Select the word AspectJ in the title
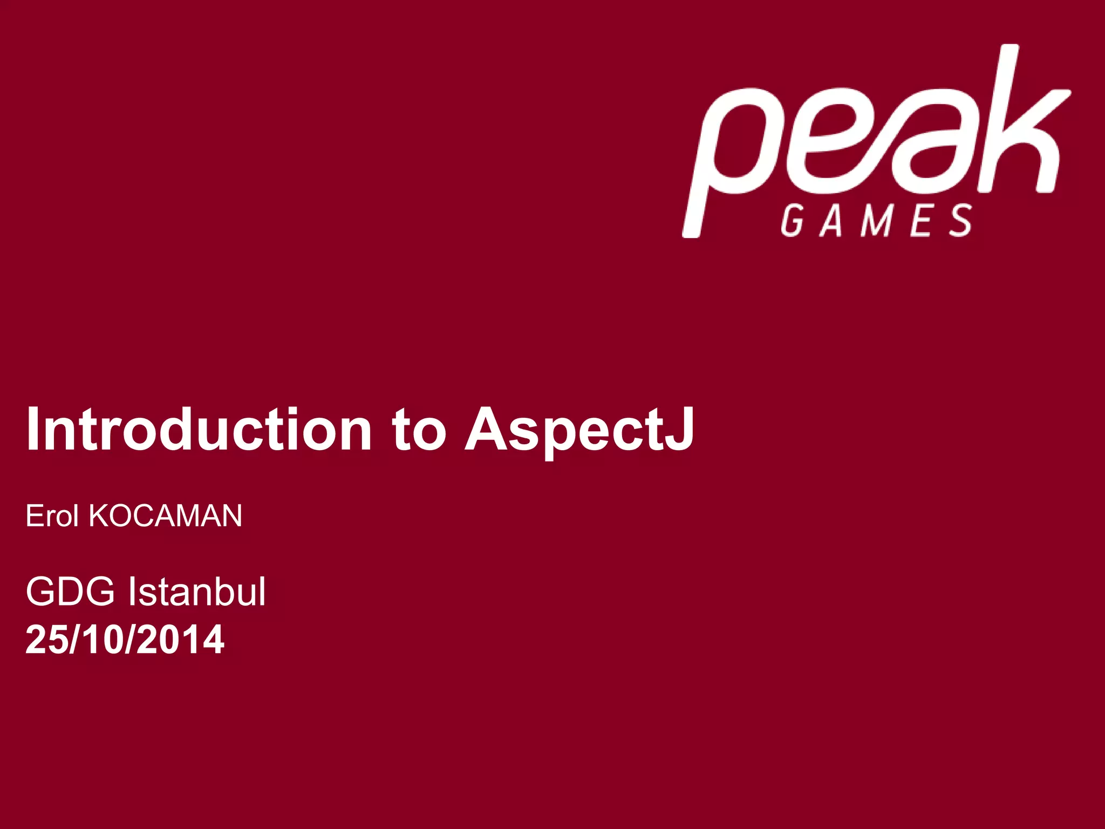579,430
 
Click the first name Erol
52,515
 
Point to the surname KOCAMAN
165,515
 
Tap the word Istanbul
197,592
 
